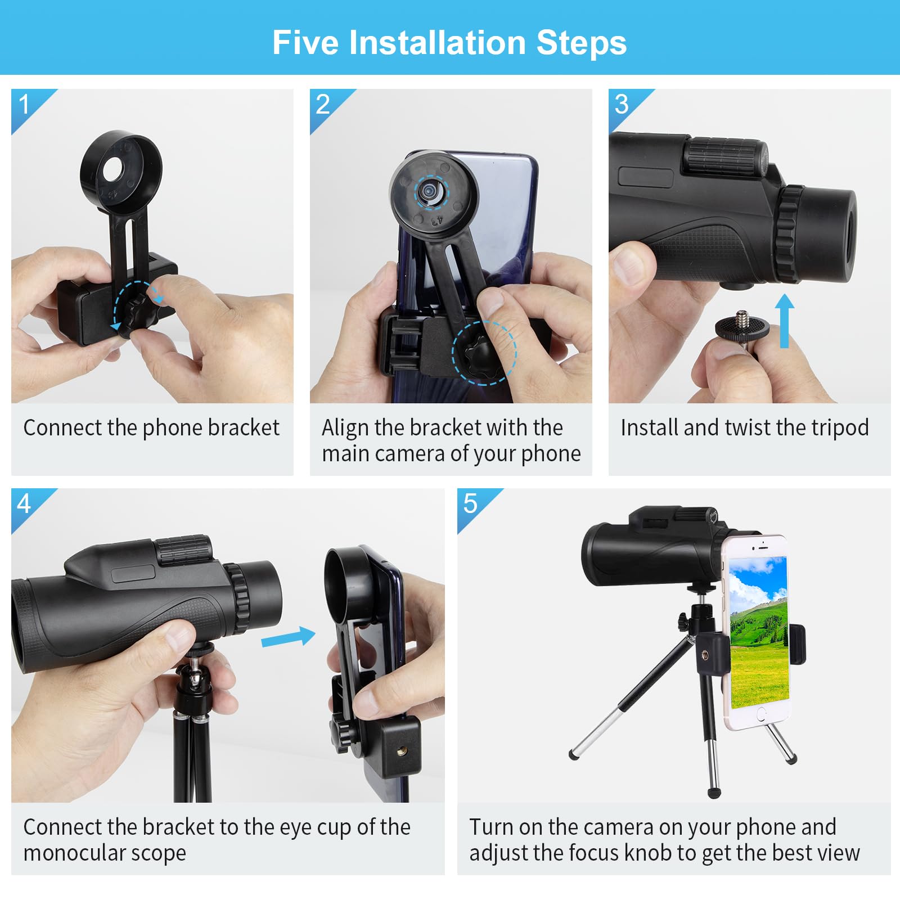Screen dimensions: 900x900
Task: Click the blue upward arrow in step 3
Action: (x=784, y=321)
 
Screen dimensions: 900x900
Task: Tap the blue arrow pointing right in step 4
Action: (x=289, y=637)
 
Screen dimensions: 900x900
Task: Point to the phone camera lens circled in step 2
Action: (x=431, y=191)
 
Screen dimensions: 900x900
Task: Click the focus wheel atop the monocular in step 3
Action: (x=726, y=155)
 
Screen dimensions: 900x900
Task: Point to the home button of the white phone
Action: (x=761, y=714)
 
